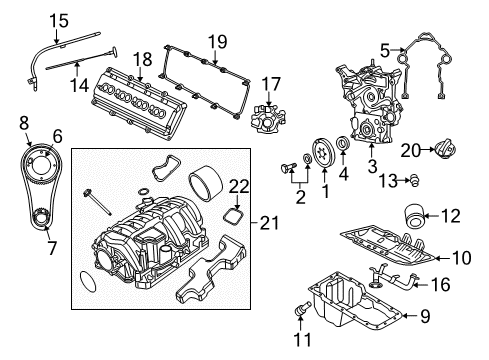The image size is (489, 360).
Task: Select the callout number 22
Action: click(237, 187)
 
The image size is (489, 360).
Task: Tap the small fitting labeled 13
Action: click(417, 180)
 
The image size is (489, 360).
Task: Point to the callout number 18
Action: click(142, 59)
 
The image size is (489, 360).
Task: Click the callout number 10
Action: click(460, 258)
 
